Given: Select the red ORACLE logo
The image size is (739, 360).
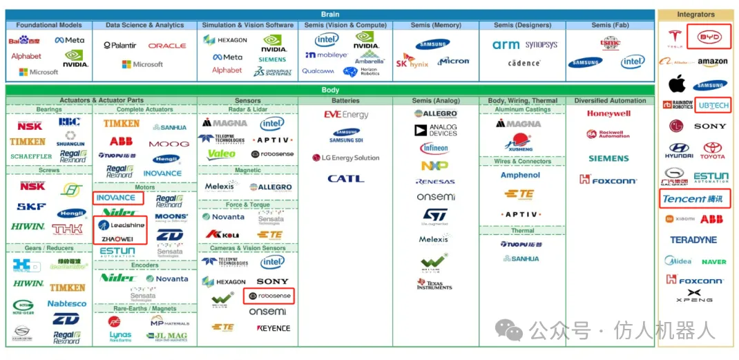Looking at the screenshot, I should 167,46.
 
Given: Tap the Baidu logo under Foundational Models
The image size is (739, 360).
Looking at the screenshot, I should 24,41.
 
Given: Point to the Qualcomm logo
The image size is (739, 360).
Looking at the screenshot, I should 318,71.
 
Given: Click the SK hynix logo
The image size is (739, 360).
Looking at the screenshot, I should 412,62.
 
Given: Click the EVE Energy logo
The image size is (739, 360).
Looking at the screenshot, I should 346,115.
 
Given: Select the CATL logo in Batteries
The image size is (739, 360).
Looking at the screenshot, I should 345,178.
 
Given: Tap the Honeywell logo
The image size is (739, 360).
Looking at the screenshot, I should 608,113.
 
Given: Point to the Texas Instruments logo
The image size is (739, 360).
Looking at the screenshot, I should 434,284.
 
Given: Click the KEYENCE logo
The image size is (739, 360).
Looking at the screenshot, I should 273,328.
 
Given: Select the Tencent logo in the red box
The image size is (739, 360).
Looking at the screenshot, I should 693,199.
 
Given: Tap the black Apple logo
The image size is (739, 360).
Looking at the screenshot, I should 677,84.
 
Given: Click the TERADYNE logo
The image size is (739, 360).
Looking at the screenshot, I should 693,240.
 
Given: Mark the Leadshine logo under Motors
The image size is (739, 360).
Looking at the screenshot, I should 121,225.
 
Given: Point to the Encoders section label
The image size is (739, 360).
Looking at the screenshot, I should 145,265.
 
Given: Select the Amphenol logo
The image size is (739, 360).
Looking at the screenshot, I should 520,176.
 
